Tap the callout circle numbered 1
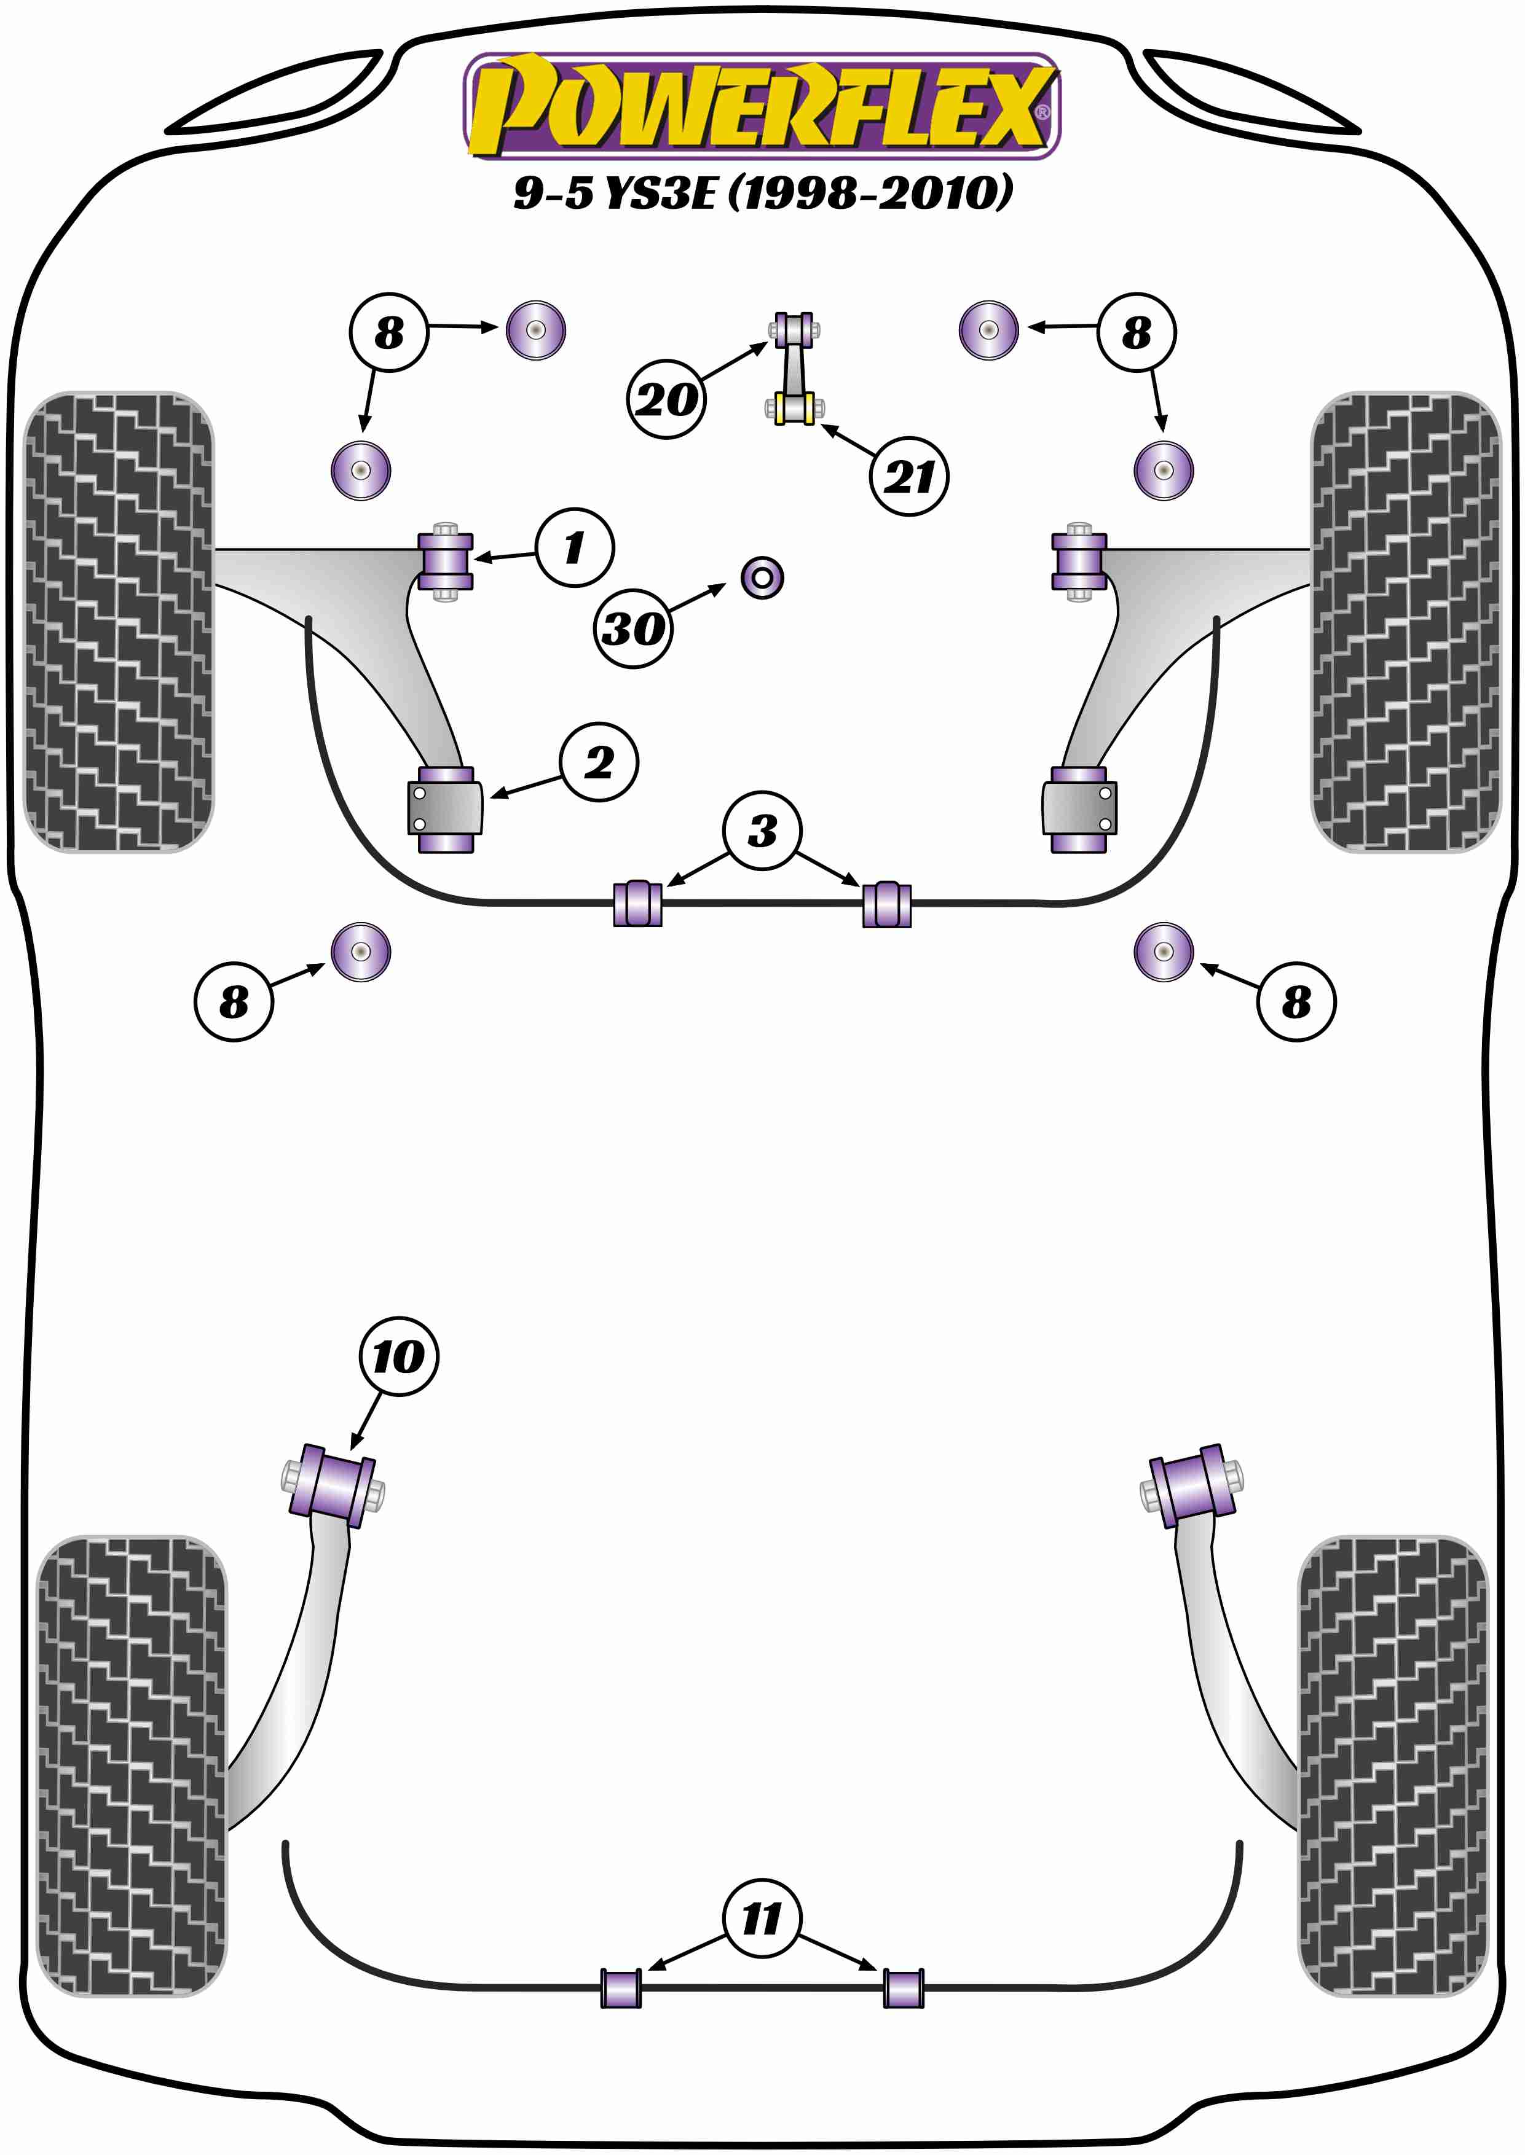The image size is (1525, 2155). (x=575, y=548)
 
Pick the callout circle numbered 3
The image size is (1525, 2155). (x=762, y=831)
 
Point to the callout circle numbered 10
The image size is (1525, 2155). (x=398, y=1356)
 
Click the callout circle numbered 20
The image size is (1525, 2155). (x=666, y=399)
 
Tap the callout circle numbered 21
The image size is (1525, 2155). (x=909, y=476)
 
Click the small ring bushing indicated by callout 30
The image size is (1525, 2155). (x=762, y=577)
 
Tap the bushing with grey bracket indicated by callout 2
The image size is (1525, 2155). (x=445, y=809)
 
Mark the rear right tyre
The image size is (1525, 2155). (x=1393, y=1766)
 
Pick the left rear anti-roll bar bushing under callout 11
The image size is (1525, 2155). (x=621, y=1988)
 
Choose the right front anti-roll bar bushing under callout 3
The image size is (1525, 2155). (x=886, y=904)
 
